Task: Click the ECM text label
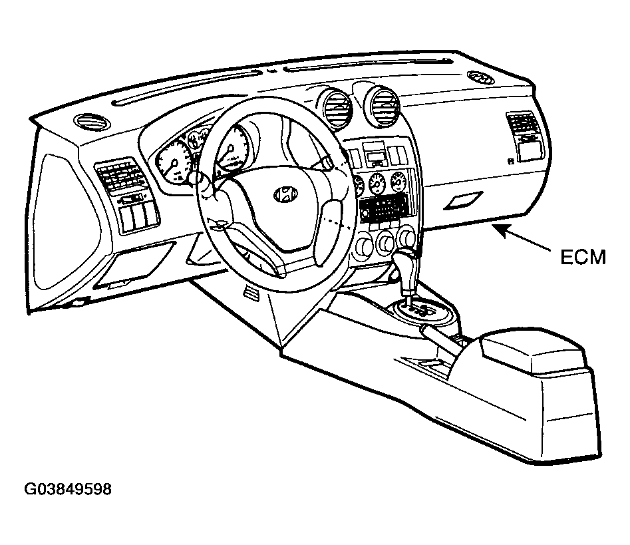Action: point(583,258)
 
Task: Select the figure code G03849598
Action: point(68,490)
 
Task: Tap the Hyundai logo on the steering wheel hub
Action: point(285,194)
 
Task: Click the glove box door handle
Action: point(463,200)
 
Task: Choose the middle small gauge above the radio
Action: point(378,182)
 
